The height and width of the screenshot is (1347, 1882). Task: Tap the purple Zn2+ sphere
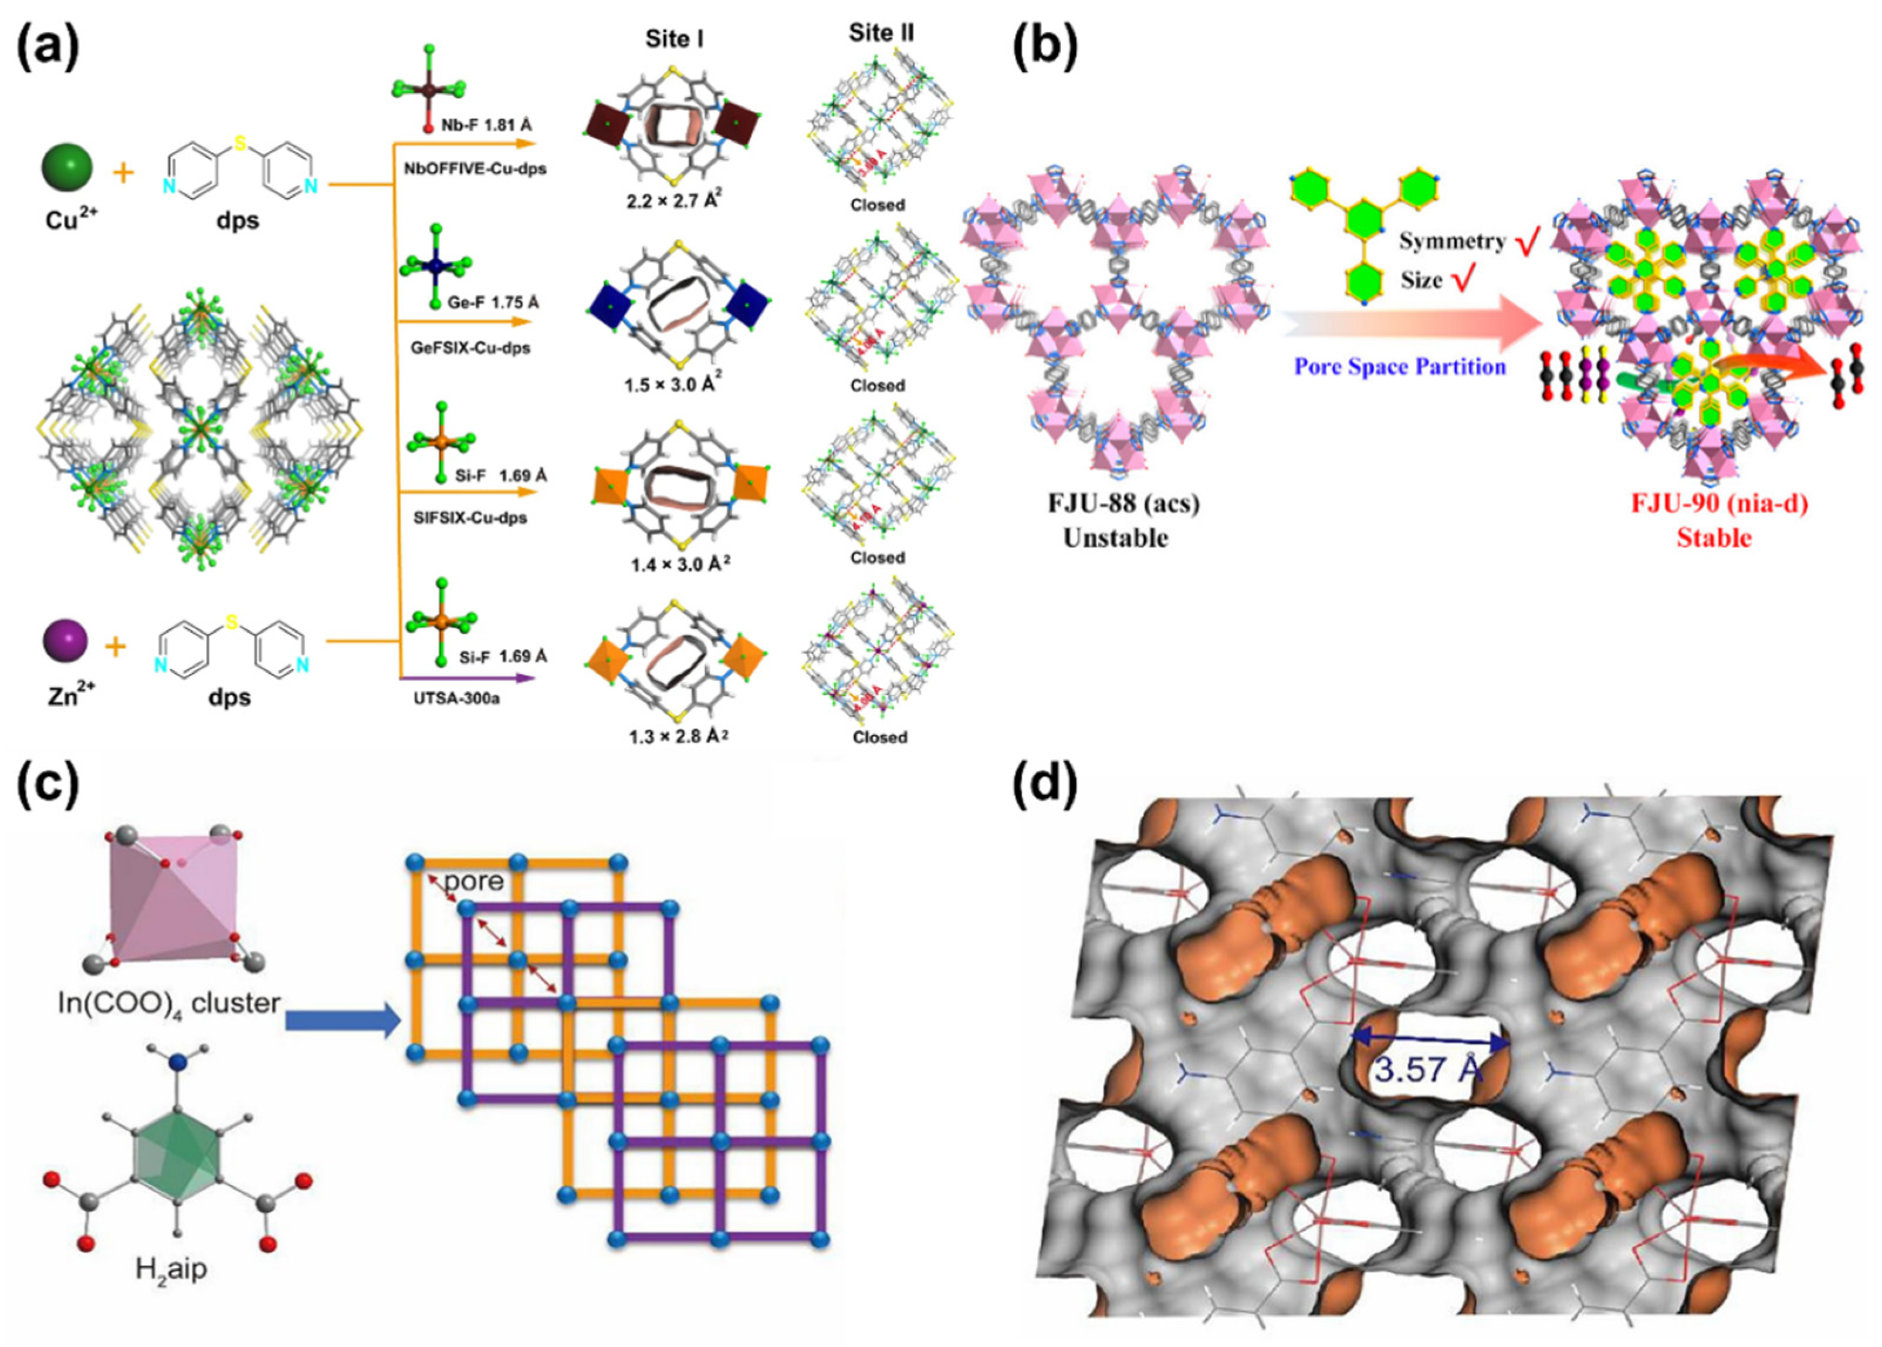65,640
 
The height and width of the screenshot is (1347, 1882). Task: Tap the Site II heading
881,34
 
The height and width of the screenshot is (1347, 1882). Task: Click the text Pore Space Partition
1400,367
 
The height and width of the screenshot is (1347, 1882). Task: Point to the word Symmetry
1452,241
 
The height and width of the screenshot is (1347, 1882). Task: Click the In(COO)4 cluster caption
168,1004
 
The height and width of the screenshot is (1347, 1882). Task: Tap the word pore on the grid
474,881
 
